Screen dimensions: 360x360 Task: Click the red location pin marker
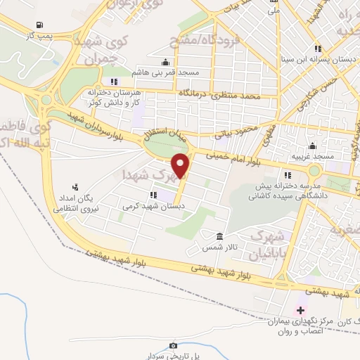181,166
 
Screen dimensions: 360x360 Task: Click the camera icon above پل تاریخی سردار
173,345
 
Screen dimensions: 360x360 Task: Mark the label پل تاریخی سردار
173,356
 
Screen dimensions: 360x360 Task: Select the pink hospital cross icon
301,310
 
